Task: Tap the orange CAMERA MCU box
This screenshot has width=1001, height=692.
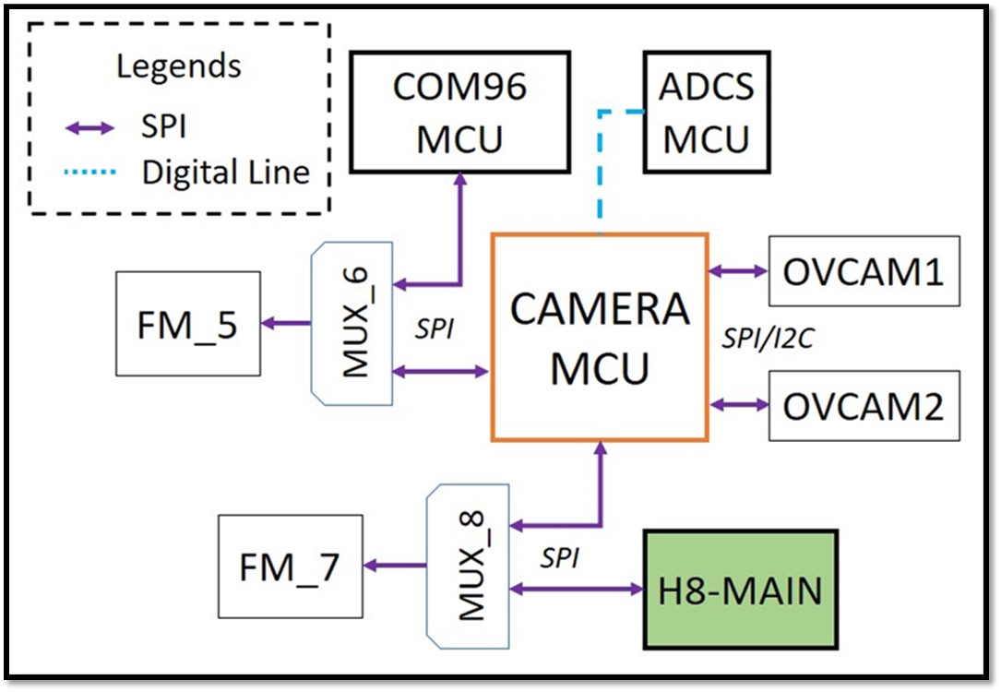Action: (600, 336)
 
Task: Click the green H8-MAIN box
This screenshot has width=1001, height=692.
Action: (740, 591)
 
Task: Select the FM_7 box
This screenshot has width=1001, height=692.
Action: (289, 566)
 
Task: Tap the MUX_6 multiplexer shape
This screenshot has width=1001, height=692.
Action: (354, 323)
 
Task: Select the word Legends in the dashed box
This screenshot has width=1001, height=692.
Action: (179, 66)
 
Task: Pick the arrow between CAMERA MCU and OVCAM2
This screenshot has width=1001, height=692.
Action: (738, 404)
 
